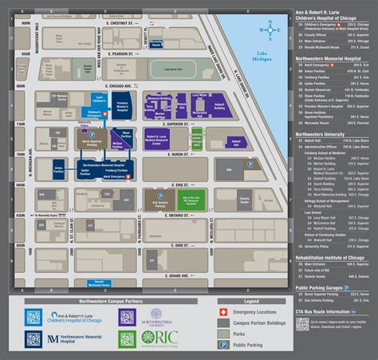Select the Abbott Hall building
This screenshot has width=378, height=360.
point(235,140)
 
